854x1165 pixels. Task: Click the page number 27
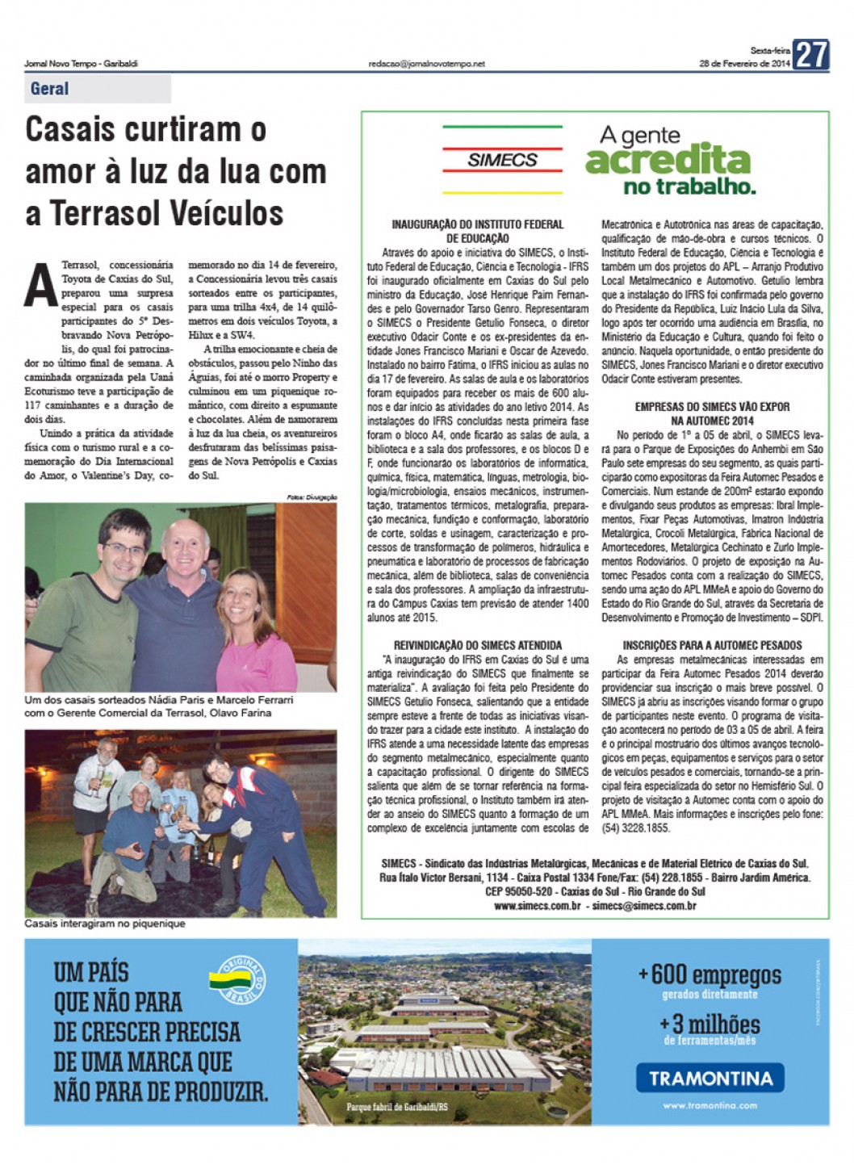click(x=810, y=55)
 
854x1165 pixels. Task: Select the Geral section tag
click(x=50, y=89)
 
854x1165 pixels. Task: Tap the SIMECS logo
click(x=502, y=160)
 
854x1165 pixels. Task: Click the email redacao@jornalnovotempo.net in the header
click(x=426, y=64)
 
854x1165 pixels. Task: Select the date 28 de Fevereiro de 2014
click(x=744, y=64)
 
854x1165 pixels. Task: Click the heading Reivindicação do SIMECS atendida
click(x=478, y=645)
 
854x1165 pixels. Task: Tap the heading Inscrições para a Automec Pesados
click(x=712, y=645)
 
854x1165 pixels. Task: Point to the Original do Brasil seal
click(x=238, y=979)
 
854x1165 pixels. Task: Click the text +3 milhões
click(x=710, y=1025)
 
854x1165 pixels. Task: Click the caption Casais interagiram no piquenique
click(x=105, y=924)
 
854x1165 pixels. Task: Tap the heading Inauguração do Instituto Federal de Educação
click(x=478, y=231)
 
